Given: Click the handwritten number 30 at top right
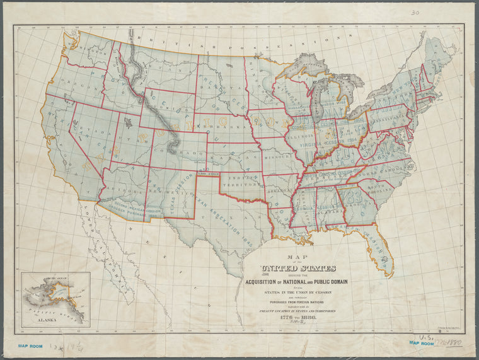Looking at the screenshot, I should pos(414,11).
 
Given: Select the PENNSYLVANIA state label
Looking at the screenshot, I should pos(386,118).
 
